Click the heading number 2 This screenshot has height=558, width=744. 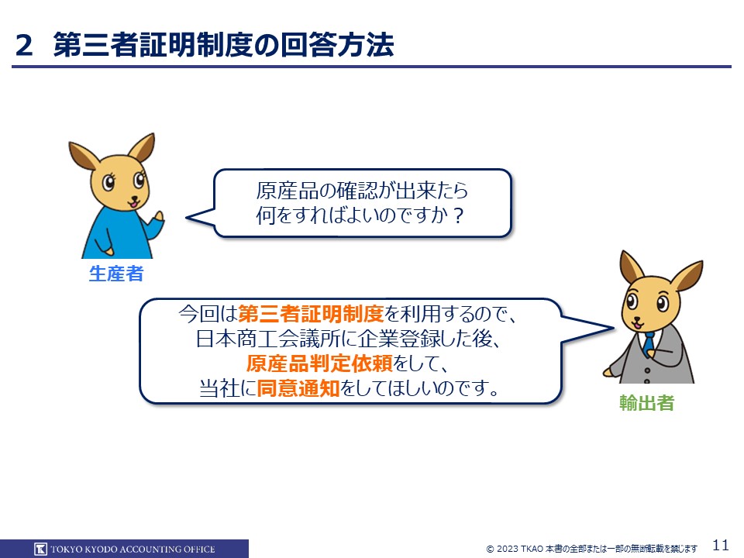tap(24, 46)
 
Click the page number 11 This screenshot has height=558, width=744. tap(721, 545)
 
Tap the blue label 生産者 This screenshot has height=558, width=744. tap(116, 274)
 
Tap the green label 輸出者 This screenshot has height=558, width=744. tap(646, 403)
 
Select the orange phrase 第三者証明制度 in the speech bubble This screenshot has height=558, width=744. tap(311, 314)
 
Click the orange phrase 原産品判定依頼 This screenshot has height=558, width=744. tap(319, 363)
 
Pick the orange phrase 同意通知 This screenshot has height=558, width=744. tap(298, 388)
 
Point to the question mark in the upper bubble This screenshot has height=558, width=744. tap(458, 216)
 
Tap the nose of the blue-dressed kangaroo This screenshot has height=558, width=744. tap(135, 198)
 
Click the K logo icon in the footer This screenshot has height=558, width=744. tap(41, 549)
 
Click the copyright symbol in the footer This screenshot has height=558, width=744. tap(490, 549)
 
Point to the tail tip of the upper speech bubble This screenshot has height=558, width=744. tap(186, 218)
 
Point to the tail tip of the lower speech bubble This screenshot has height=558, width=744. tap(614, 327)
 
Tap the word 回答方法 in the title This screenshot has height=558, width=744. tap(337, 46)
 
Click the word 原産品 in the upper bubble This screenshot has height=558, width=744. tap(286, 191)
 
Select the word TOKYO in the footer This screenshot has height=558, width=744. tap(67, 549)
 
